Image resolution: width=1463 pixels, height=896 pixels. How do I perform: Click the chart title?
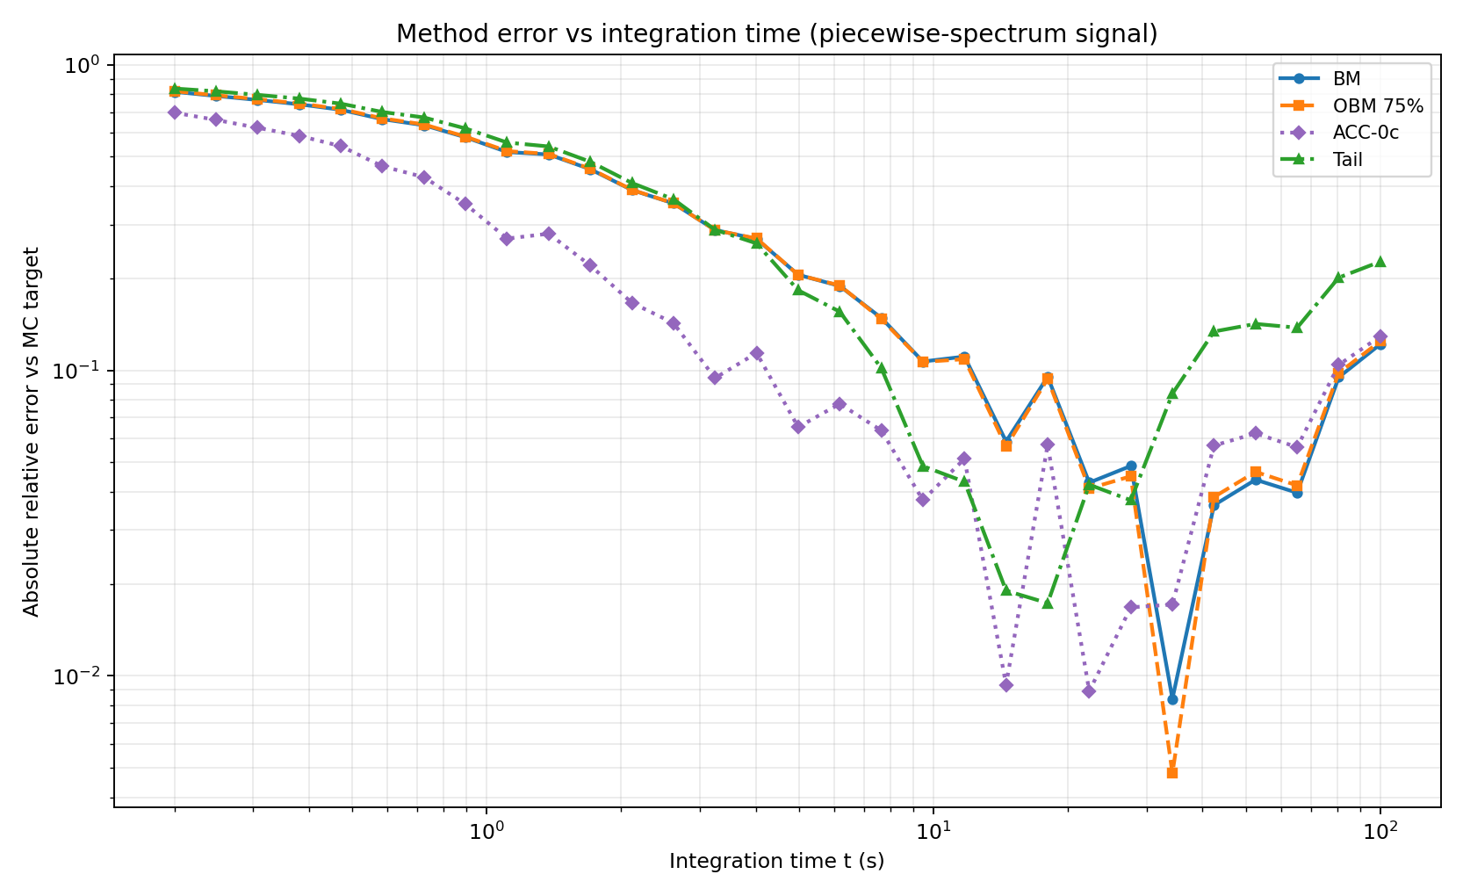[776, 34]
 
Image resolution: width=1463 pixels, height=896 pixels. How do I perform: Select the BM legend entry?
[1346, 79]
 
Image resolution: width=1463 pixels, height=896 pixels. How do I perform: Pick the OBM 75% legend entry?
[1377, 106]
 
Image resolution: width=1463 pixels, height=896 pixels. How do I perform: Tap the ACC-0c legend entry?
[1366, 133]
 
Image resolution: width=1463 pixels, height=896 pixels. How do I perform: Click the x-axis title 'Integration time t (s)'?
[776, 862]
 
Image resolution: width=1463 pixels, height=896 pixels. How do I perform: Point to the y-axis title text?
[32, 432]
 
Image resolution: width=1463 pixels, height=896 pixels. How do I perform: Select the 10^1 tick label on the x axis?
[933, 831]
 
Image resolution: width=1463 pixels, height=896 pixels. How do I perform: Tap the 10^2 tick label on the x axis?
[1380, 831]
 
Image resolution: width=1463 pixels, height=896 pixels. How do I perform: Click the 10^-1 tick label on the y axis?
[84, 371]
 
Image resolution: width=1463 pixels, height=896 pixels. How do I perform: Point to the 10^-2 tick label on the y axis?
[84, 676]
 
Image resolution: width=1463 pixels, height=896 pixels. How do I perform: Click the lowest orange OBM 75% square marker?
[1171, 773]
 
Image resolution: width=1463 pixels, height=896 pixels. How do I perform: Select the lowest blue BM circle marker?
[1171, 699]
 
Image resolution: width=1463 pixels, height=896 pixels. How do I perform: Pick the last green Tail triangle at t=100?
[1380, 262]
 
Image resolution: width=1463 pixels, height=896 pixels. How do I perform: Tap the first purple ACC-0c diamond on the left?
[175, 112]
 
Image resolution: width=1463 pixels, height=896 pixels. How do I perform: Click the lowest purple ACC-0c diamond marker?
[1089, 691]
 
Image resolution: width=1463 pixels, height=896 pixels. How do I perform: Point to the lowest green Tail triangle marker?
[1047, 603]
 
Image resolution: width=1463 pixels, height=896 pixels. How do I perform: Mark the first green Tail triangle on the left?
[175, 89]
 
